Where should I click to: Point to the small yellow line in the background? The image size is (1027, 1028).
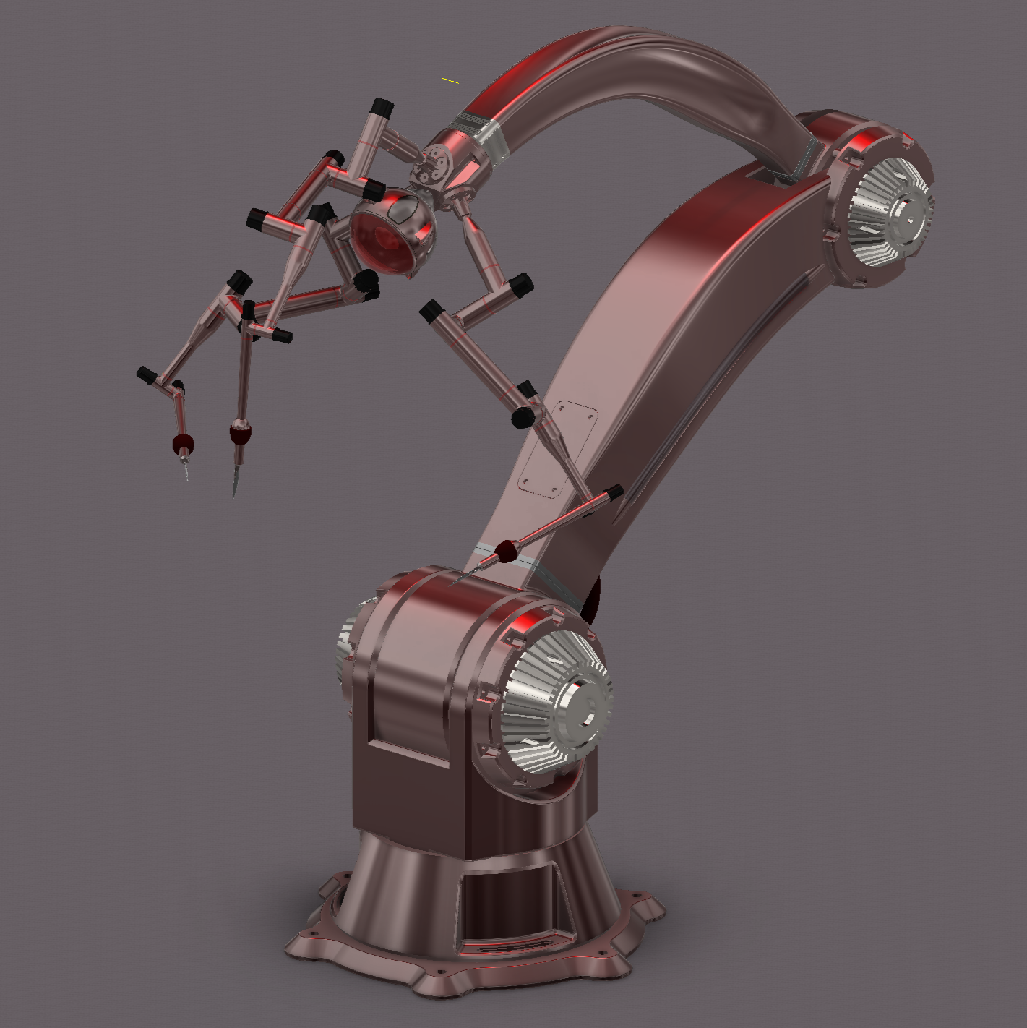tap(450, 80)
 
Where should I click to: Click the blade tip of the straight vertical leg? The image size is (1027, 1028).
tap(234, 494)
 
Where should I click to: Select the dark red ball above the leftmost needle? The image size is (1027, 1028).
tap(182, 442)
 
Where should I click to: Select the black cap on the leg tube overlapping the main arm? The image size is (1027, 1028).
tap(613, 493)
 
